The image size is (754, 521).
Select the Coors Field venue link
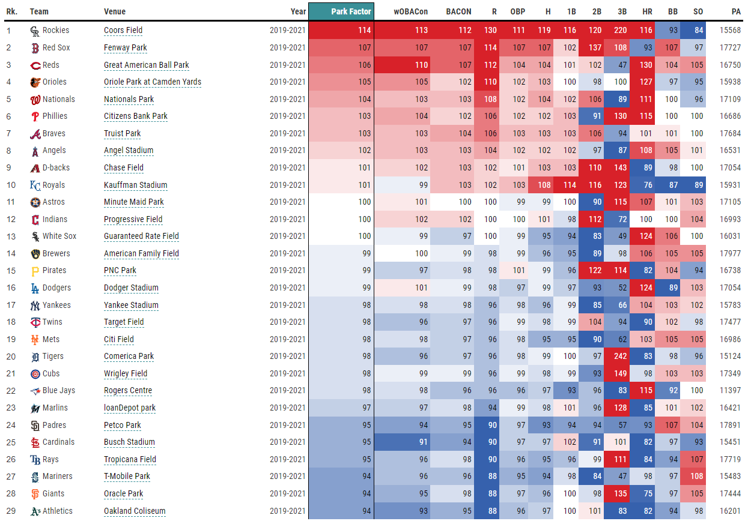123,31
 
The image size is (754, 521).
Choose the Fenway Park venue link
126,48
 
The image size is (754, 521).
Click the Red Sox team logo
35,48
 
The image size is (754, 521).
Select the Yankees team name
56,305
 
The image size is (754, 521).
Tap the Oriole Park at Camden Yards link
153,82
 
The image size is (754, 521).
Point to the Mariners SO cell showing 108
698,477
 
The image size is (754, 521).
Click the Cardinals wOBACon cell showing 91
421,442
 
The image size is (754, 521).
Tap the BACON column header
459,11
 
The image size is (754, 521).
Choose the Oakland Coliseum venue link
135,511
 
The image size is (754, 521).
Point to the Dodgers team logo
35,288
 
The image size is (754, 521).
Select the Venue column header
115,11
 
